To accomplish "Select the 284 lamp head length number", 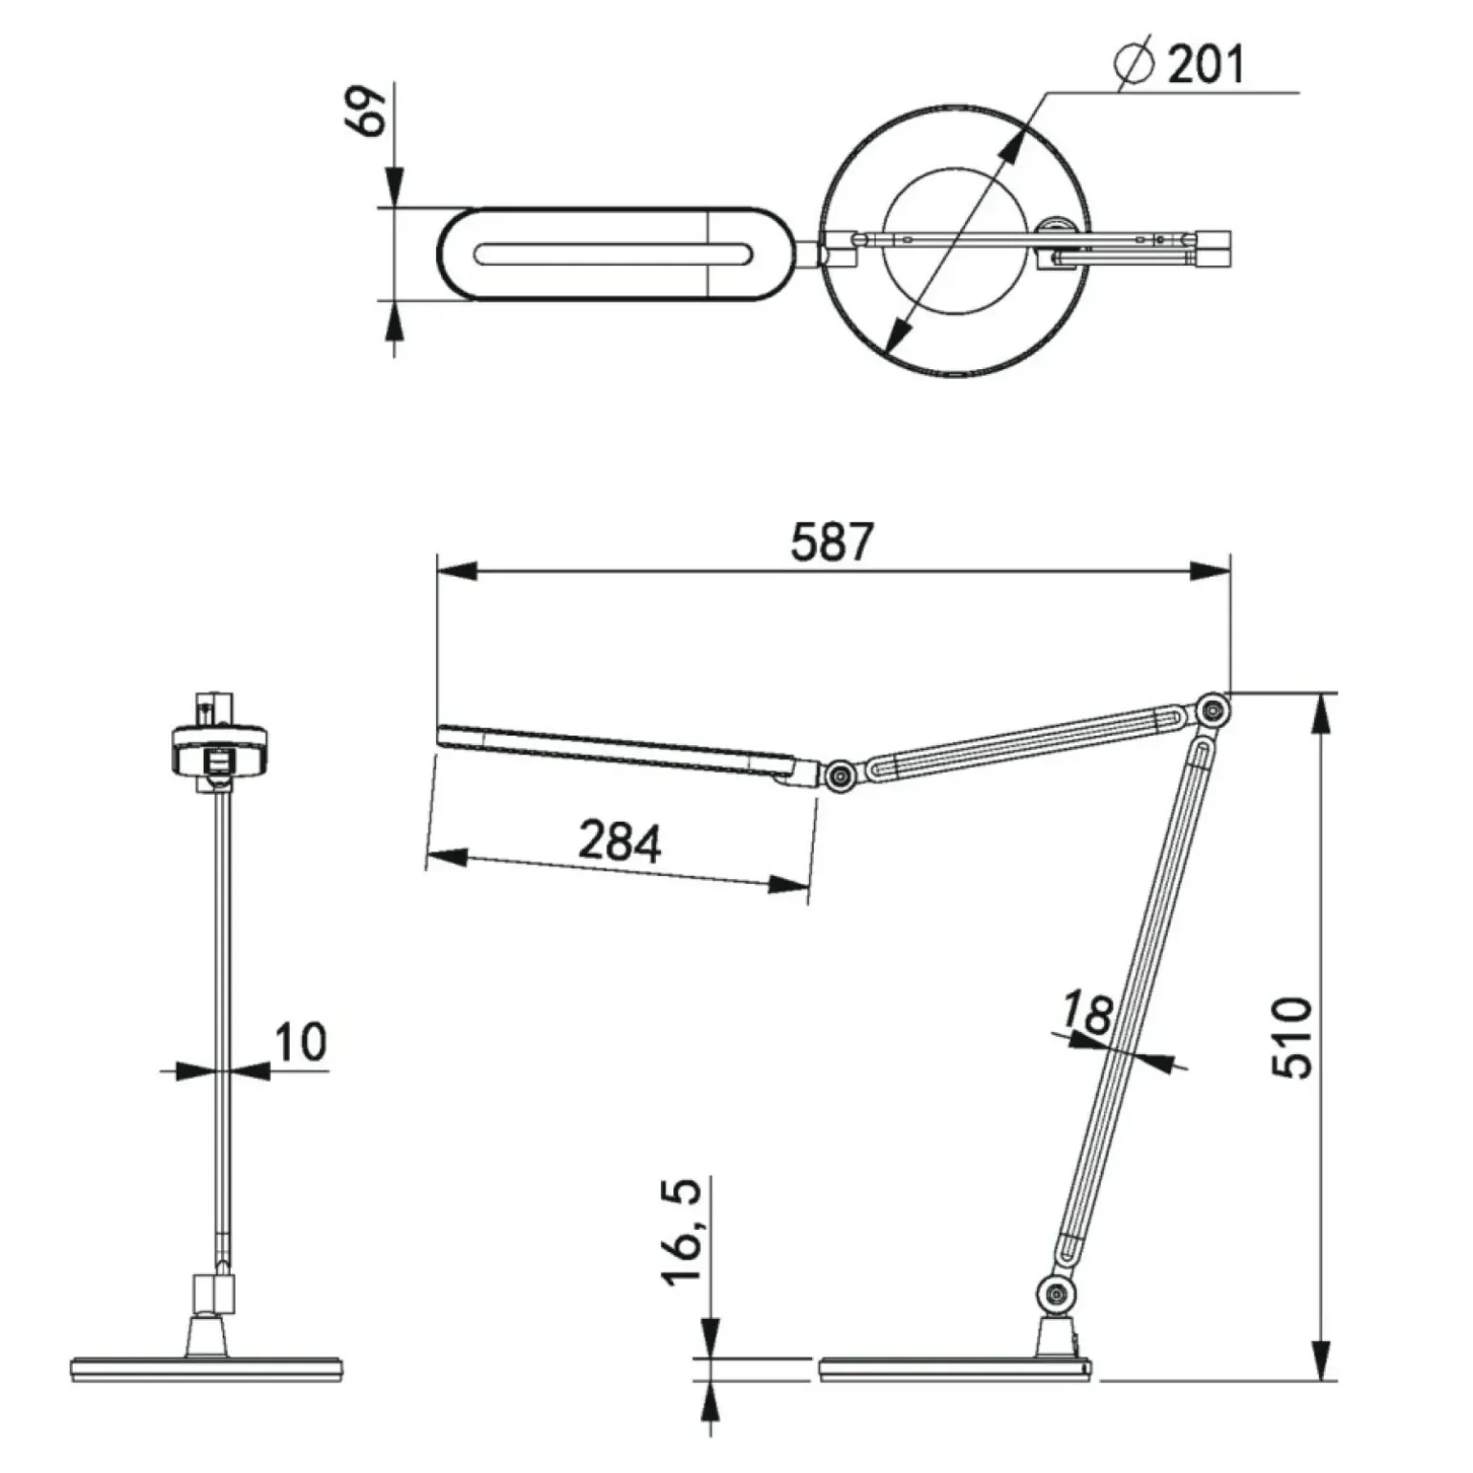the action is [620, 842].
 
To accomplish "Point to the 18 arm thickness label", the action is [1088, 1013].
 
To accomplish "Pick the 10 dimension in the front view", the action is [300, 1041].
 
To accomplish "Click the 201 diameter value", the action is [1206, 65].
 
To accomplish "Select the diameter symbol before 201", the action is [1134, 65].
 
